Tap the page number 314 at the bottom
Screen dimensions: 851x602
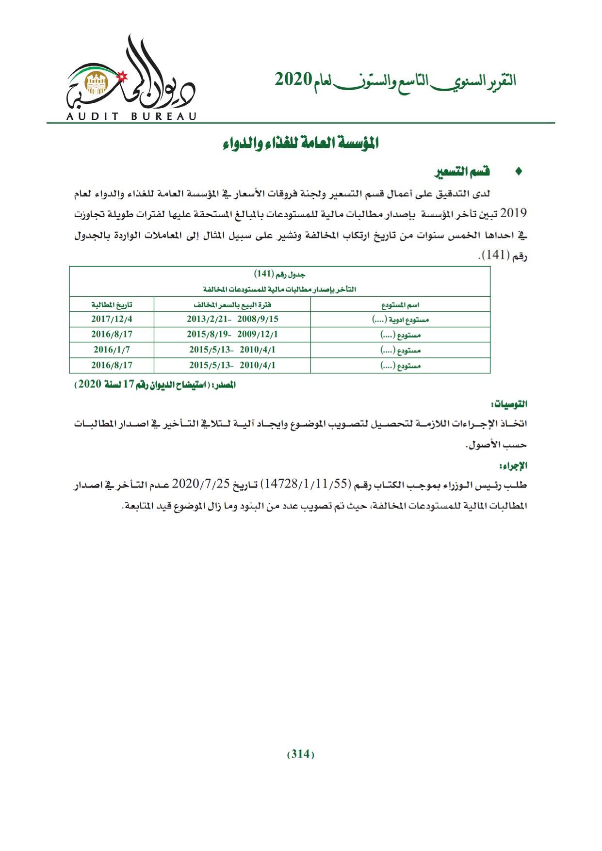point(301,754)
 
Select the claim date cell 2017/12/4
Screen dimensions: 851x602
point(112,319)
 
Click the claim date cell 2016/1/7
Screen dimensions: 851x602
point(112,350)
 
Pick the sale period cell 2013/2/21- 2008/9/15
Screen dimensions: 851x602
point(232,319)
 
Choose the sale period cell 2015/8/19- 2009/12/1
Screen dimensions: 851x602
point(232,335)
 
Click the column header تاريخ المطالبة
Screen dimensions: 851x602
point(112,305)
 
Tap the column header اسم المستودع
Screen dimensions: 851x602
point(400,305)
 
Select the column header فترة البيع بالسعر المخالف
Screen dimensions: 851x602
point(232,305)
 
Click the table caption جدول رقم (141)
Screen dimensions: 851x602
point(280,274)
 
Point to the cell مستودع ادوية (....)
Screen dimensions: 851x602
point(400,320)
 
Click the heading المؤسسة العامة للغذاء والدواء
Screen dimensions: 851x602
point(301,144)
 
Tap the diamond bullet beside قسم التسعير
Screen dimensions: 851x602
point(519,172)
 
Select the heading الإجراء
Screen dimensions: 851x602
point(516,466)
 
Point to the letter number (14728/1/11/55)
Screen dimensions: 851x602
point(305,484)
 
